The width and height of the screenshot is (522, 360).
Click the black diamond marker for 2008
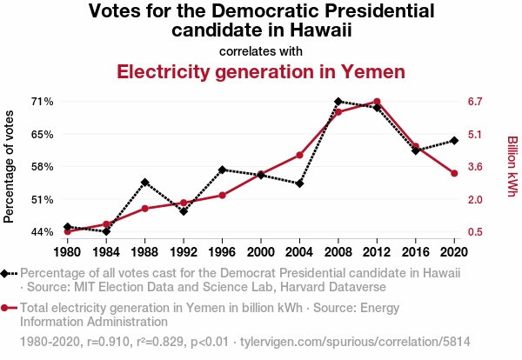[x=338, y=102]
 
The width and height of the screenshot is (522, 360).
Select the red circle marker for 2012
[x=377, y=102]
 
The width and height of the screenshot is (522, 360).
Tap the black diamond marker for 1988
[x=144, y=183]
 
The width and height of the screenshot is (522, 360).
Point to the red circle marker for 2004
[x=299, y=155]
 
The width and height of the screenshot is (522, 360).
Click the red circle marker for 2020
[x=454, y=174]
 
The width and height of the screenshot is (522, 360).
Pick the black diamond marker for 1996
[x=222, y=170]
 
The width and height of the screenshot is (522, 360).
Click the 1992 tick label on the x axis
[x=184, y=252]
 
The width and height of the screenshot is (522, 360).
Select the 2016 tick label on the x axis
[x=416, y=252]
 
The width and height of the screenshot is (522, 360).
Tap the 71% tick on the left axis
[x=42, y=102]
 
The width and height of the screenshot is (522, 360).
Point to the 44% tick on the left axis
[x=42, y=231]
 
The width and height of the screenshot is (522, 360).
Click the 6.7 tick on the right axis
[x=474, y=102]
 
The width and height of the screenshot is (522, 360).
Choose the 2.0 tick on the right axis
[x=474, y=199]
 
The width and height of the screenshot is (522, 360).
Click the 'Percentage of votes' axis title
[x=10, y=166]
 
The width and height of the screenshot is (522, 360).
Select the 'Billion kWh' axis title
[x=512, y=166]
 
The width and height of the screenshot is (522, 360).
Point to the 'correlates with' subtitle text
[x=261, y=50]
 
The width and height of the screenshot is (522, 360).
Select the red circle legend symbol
[x=8, y=308]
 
